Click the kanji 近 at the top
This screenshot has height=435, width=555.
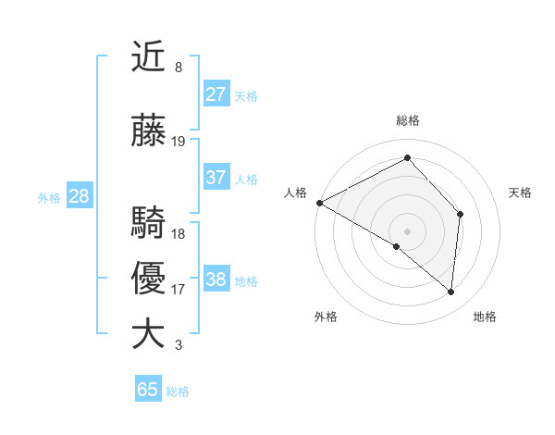point(149,58)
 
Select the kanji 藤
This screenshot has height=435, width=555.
point(149,132)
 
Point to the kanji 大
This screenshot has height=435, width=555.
point(149,334)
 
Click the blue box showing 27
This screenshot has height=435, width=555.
point(216,94)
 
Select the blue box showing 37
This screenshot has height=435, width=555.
point(216,178)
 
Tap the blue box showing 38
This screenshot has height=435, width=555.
point(216,280)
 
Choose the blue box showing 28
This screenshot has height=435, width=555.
point(79,196)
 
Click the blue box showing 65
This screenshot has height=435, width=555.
point(148,390)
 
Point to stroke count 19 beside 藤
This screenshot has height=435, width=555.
point(179,142)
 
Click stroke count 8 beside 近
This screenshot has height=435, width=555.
point(178,68)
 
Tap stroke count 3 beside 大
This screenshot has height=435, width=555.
point(178,345)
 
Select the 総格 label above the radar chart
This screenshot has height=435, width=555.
point(408,121)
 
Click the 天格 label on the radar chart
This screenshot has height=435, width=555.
point(520,193)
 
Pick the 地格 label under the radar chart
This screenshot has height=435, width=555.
point(485,317)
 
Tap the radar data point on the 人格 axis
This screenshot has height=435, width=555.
point(319,203)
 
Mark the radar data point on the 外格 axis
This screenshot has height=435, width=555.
point(397,246)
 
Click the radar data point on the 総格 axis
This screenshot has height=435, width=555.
point(407,157)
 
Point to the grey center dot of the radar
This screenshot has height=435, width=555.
point(407,230)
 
